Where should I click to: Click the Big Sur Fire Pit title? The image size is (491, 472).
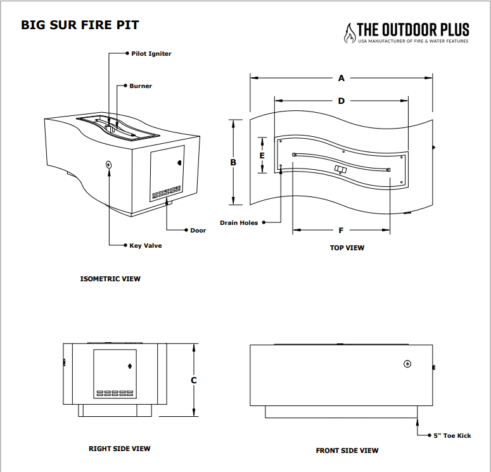(x=80, y=26)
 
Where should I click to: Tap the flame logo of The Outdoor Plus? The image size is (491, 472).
(x=350, y=33)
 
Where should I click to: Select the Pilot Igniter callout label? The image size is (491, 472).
(x=151, y=54)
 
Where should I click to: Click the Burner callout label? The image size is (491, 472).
(x=141, y=86)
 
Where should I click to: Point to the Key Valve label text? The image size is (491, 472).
(x=145, y=245)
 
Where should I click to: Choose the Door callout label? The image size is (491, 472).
(x=198, y=230)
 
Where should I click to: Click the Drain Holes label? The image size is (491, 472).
(x=239, y=223)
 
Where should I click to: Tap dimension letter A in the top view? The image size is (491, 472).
(x=341, y=79)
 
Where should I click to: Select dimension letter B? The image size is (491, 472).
(x=233, y=162)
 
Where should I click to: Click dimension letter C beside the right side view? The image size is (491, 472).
(x=194, y=380)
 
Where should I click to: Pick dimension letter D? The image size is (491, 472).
(x=341, y=101)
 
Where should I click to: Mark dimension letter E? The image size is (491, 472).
(x=262, y=155)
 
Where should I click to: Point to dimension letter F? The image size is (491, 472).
(x=341, y=230)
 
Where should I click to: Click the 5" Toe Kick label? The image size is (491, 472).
(x=452, y=435)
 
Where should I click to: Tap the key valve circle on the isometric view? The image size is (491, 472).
(x=109, y=164)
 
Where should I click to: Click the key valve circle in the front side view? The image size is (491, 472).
(x=407, y=364)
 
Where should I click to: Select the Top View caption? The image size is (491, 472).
(x=347, y=248)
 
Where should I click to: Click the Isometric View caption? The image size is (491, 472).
(x=110, y=279)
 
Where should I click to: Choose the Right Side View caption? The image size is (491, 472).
(x=119, y=449)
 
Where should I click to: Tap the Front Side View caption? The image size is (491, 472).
(x=347, y=450)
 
